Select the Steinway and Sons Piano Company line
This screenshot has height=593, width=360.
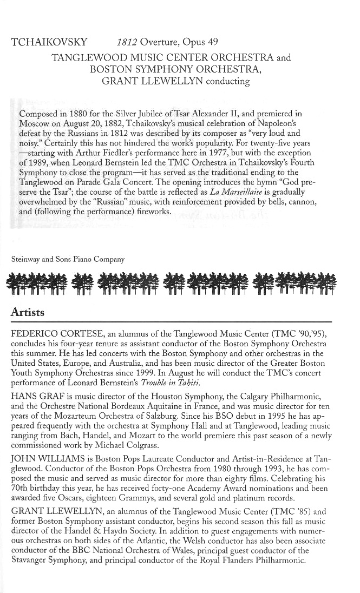pos(68,259)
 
